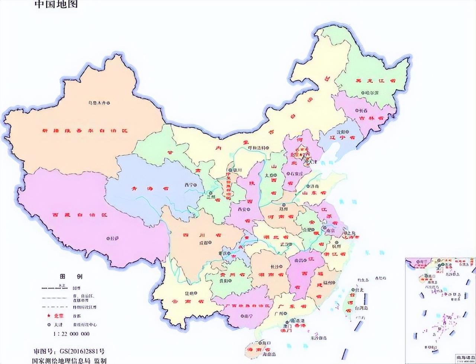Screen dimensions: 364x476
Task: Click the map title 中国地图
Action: point(56,5)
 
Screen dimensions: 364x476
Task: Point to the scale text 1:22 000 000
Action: point(71,334)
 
